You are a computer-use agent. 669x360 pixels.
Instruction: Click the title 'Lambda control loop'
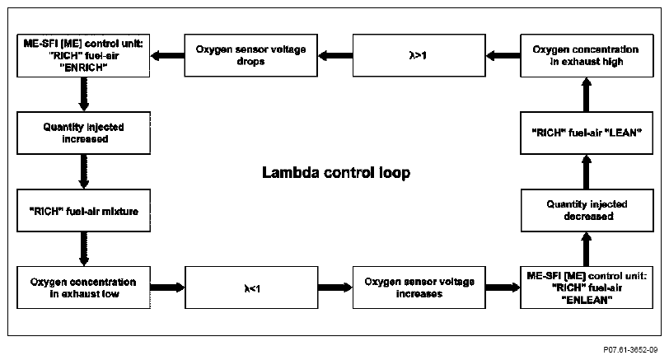336,173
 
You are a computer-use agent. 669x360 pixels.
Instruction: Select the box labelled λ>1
419,55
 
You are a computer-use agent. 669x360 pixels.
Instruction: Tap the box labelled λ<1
251,288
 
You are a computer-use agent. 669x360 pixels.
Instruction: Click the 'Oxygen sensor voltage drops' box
250,55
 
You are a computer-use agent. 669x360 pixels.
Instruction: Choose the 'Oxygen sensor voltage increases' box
419,288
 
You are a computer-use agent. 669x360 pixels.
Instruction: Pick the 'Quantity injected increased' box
84,133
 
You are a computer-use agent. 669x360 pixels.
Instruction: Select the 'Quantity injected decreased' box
587,210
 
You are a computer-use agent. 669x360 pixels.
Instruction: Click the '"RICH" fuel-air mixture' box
84,210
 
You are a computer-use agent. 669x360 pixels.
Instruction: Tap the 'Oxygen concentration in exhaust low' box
84,288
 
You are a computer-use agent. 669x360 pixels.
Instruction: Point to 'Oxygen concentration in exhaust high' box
587,55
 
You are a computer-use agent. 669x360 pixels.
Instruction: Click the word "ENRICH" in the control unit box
83,68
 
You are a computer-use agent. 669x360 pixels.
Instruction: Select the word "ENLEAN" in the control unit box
587,300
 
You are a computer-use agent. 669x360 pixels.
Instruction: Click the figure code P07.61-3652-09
630,350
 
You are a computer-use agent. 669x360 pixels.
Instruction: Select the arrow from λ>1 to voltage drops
335,55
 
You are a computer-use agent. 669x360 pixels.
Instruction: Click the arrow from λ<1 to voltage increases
335,288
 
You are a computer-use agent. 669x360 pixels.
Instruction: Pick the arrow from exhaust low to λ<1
168,288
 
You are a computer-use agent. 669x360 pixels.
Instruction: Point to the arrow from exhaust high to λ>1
503,55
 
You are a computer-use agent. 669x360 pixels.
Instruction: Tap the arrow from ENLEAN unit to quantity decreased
587,249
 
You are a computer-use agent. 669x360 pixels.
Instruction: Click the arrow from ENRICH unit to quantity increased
84,94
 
